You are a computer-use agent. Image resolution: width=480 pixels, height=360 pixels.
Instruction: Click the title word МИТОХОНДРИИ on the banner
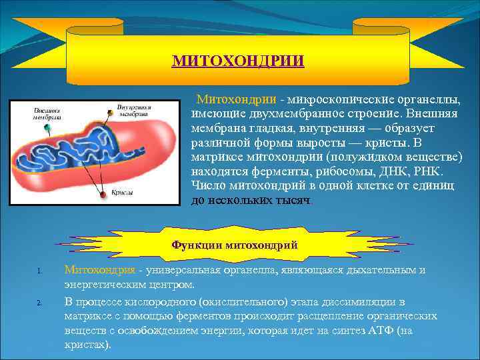point(238,61)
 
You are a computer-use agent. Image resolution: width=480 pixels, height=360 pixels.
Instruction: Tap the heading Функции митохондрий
point(235,245)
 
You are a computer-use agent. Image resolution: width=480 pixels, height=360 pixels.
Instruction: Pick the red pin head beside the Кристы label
point(102,195)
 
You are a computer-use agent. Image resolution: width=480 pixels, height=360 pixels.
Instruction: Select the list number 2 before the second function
point(39,302)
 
